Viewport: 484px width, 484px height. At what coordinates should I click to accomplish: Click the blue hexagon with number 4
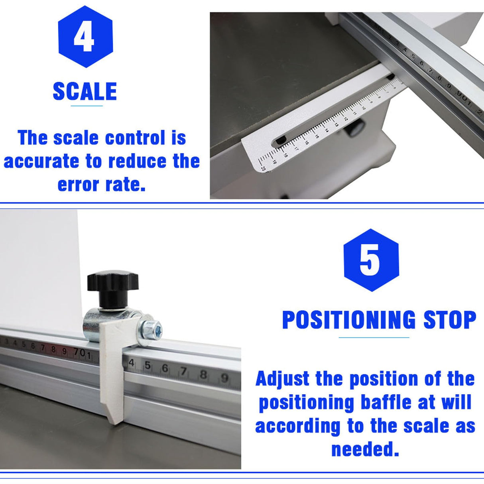pyautogui.click(x=85, y=37)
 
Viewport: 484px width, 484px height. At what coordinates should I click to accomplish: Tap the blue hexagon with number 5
pyautogui.click(x=371, y=260)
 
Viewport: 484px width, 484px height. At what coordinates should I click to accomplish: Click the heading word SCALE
pyautogui.click(x=85, y=92)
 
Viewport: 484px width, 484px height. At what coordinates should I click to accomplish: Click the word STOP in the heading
pyautogui.click(x=450, y=320)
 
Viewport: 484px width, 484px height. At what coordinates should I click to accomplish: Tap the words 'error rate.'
pyautogui.click(x=101, y=185)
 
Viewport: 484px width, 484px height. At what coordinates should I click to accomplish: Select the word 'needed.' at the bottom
pyautogui.click(x=365, y=449)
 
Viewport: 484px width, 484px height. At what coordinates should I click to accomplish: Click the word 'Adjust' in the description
pyautogui.click(x=282, y=378)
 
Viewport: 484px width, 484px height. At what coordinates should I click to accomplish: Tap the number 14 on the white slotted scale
pyautogui.click(x=326, y=130)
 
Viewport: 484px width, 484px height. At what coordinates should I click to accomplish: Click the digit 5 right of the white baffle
pyautogui.click(x=148, y=365)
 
